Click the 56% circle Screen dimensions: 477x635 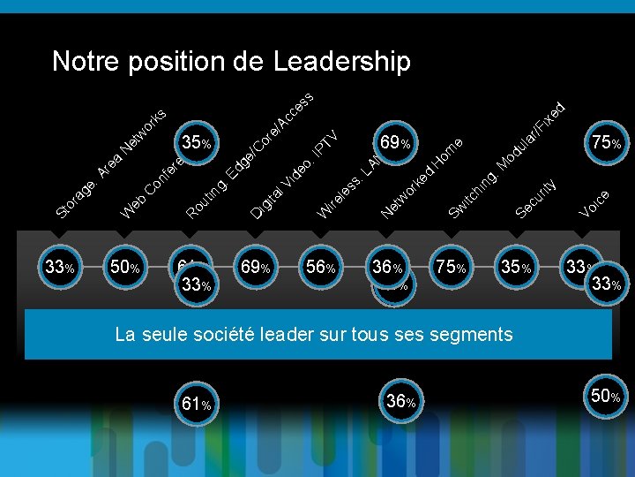318,266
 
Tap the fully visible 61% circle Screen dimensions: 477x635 195,404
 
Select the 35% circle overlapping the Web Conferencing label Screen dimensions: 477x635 196,142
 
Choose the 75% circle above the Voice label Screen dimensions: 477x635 605,142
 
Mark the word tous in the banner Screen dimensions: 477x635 387,335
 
